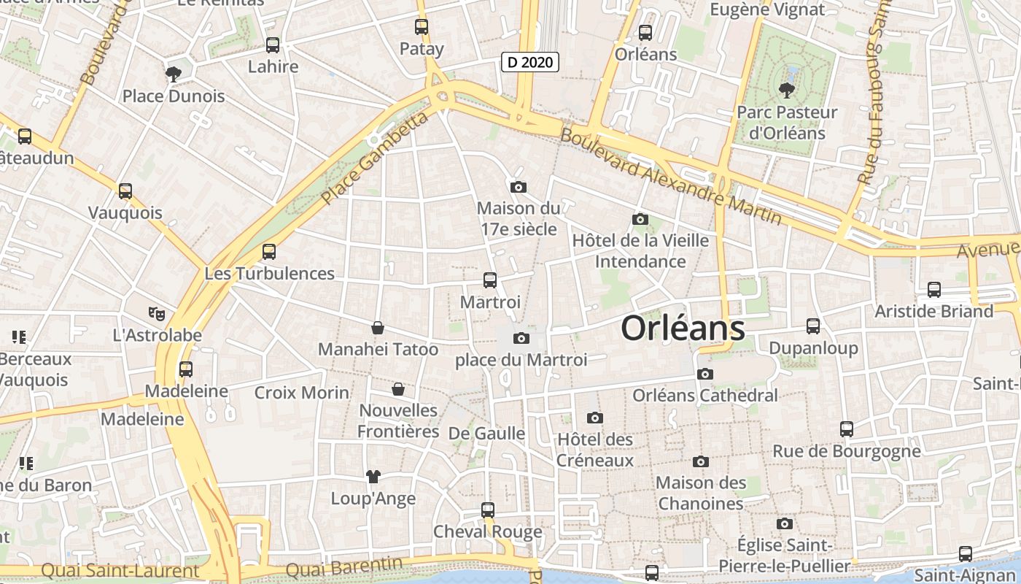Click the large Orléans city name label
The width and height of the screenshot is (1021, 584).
point(683,328)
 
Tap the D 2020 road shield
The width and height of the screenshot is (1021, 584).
point(531,62)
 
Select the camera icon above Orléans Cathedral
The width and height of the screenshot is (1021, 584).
point(704,374)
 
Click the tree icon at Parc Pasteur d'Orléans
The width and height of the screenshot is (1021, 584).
point(786,90)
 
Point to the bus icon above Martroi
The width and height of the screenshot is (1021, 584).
point(490,280)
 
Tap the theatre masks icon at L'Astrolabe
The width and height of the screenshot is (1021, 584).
point(156,313)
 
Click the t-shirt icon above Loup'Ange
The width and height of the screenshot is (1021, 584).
point(373,477)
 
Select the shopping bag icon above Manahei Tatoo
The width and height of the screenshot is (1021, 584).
point(378,328)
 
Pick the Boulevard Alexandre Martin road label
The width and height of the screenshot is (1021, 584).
point(671,176)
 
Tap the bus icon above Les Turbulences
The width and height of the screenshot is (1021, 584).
point(269,252)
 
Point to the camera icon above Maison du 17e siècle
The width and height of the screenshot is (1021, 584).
point(519,187)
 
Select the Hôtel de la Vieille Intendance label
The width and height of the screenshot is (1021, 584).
point(640,250)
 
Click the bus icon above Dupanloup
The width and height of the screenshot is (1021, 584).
point(813,326)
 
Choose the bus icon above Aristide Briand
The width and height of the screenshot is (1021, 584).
point(934,289)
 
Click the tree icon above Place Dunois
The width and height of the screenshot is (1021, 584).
point(174,73)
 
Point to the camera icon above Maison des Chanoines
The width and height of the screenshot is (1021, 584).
point(701,461)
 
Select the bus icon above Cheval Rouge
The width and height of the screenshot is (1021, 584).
point(488,510)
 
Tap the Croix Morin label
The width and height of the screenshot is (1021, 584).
point(302,392)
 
